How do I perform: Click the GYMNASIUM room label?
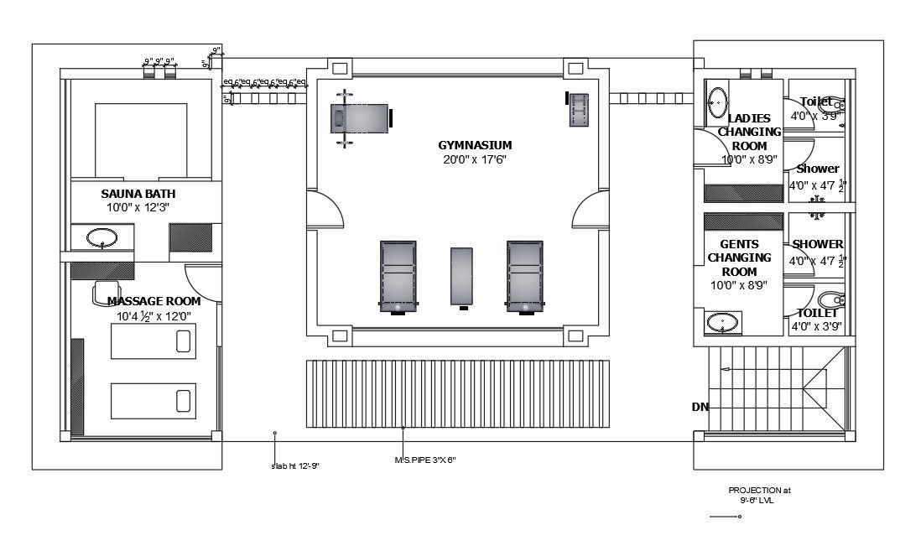point(475,145)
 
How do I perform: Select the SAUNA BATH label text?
point(138,194)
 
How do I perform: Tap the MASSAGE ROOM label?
point(153,300)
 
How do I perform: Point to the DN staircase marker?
point(700,407)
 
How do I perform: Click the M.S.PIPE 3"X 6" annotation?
point(424,460)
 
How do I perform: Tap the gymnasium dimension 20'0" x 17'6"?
point(475,159)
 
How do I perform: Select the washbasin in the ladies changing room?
point(717,101)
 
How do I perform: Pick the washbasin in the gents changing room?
point(723,322)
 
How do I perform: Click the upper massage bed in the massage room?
point(153,340)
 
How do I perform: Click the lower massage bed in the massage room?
point(153,398)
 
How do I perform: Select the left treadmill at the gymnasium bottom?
point(398,276)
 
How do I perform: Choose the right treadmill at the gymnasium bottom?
point(525,276)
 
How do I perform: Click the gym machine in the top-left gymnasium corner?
point(360,118)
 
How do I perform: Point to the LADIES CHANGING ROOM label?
point(750,132)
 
